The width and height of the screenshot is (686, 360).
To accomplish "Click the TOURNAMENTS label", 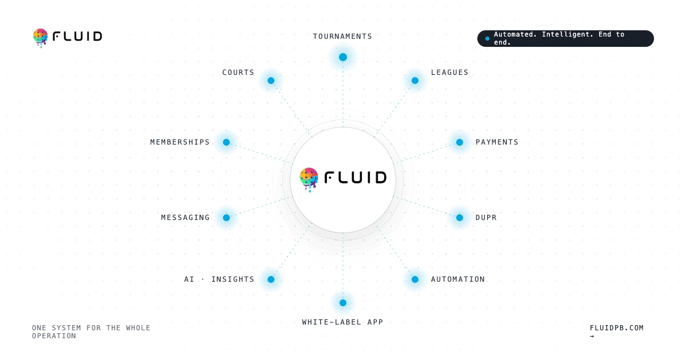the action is click(x=342, y=37).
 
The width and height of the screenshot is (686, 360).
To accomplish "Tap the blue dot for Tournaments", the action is click(x=343, y=57).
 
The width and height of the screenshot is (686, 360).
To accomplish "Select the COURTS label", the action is click(x=238, y=73).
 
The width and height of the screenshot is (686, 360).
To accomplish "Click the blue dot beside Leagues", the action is click(x=415, y=81).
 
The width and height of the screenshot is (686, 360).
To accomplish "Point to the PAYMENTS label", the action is click(x=497, y=142).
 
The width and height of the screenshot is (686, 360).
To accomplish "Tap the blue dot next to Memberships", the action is click(x=226, y=142).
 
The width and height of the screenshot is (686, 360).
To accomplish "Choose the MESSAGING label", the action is click(x=186, y=218).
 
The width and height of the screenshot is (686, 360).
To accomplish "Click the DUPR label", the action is click(x=486, y=218).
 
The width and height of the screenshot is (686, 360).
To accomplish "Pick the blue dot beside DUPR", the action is click(x=460, y=218).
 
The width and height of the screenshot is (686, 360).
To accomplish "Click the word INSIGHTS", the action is click(x=233, y=279).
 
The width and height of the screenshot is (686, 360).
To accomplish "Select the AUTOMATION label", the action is click(x=458, y=279).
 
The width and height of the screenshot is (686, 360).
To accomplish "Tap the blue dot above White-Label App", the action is click(x=343, y=303).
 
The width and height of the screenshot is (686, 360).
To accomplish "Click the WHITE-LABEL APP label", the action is click(x=342, y=322).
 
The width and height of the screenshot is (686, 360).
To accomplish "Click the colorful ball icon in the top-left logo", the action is click(x=41, y=38).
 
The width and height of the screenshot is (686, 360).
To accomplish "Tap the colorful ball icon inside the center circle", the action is click(x=309, y=179).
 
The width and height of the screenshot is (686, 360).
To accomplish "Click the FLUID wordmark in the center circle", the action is click(x=356, y=178).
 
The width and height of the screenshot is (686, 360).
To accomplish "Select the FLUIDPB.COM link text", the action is click(x=617, y=328).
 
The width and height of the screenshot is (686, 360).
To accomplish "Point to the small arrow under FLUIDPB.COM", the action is click(x=592, y=336).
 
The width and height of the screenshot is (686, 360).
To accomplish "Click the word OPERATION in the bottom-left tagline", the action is click(x=54, y=336).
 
